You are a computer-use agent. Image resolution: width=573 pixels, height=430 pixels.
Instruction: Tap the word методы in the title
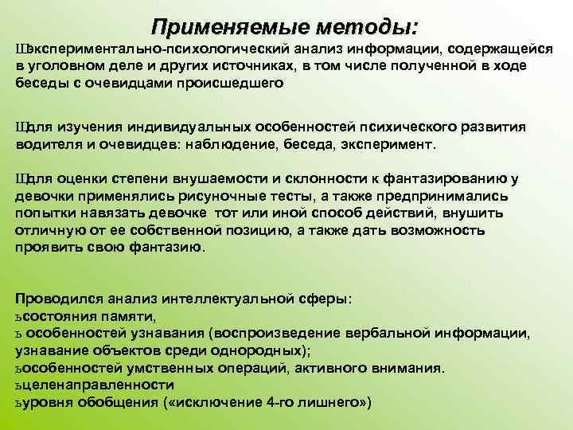click(x=365, y=28)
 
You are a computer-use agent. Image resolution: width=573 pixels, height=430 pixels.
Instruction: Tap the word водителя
click(x=45, y=146)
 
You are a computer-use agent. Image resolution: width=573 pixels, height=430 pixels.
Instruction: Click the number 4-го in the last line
click(x=285, y=403)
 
